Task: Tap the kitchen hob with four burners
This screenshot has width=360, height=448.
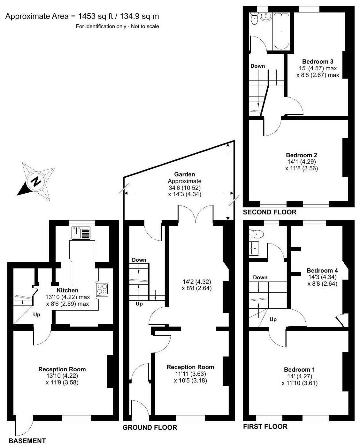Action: (102, 289)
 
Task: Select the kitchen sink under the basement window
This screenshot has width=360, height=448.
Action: (81, 233)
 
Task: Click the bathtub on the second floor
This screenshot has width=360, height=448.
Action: (281, 31)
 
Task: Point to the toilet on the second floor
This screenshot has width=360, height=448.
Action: (255, 19)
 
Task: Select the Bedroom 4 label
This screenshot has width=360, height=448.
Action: (322, 270)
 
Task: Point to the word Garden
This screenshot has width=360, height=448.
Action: (184, 174)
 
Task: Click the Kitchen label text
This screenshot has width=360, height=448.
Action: (67, 290)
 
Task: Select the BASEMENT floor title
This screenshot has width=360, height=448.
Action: (27, 441)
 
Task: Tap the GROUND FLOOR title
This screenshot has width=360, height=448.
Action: (150, 427)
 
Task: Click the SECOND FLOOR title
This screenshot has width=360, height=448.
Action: (270, 212)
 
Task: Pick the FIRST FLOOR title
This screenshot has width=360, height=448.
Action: (265, 426)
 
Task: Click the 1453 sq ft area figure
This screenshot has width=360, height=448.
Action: (93, 16)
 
